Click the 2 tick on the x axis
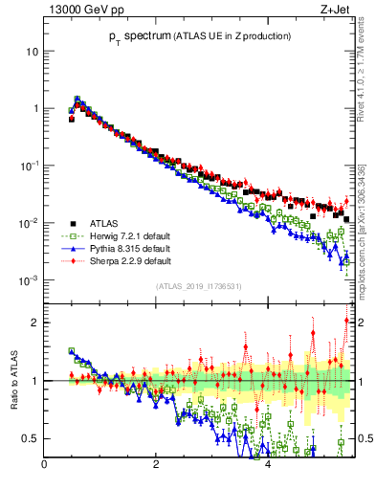click(x=156, y=465)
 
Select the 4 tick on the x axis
click(x=268, y=465)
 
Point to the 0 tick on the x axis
click(x=44, y=465)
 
